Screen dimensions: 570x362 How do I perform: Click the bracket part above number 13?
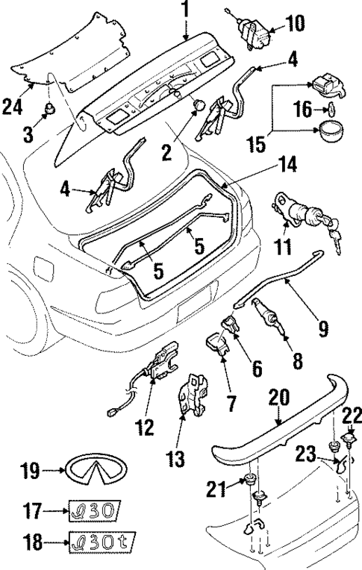[x=196, y=392]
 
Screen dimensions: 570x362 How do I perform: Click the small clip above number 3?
[x=49, y=110]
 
